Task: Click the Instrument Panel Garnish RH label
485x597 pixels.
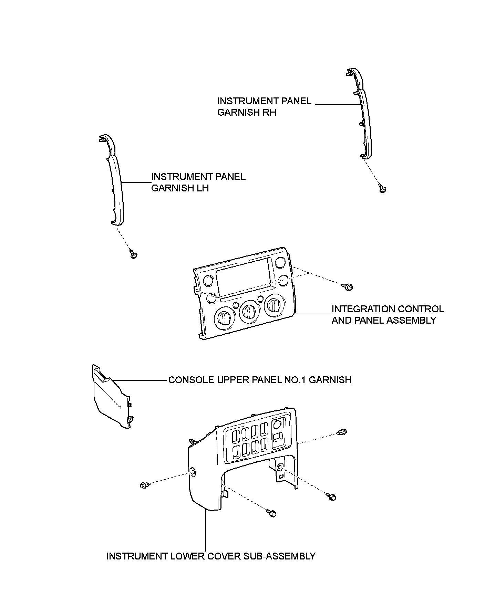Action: click(264, 107)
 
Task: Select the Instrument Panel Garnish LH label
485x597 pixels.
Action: click(198, 182)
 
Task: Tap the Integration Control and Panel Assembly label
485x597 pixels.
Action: click(388, 315)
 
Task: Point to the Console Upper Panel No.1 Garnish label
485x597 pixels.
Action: click(260, 380)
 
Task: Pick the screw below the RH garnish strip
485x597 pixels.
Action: click(382, 188)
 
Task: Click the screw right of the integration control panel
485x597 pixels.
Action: click(349, 286)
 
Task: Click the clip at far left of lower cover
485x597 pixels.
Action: click(144, 485)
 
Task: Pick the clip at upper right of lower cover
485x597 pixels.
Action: click(342, 432)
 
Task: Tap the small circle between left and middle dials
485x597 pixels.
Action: click(236, 304)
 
